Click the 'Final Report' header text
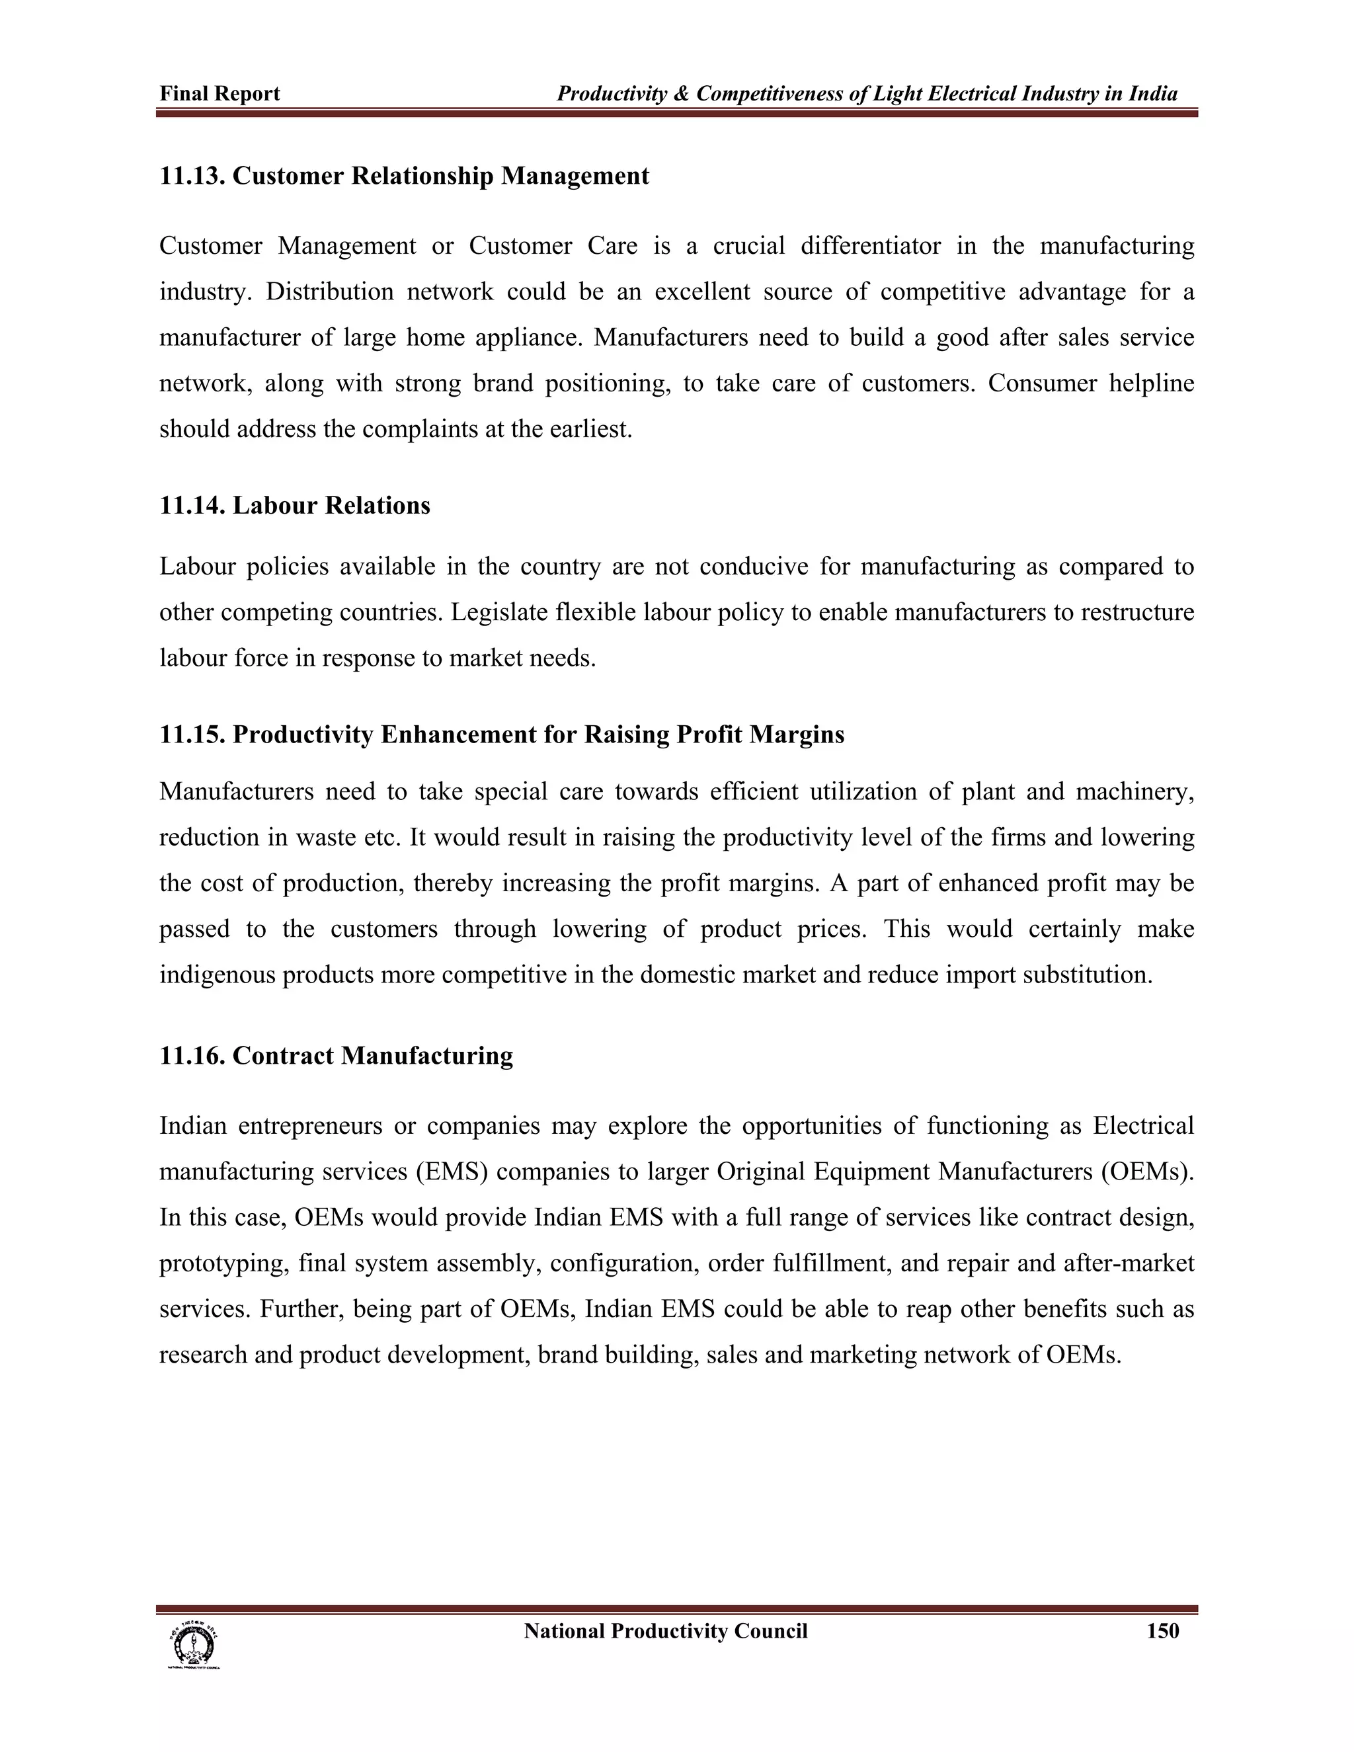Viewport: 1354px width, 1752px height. pos(219,94)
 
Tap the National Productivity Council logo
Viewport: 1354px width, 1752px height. pos(192,1644)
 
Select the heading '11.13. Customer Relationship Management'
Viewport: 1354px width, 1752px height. pos(404,176)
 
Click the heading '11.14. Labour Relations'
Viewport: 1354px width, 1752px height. pos(294,505)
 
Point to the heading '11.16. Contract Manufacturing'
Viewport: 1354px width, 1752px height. pos(336,1056)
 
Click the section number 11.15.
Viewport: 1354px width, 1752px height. pos(192,735)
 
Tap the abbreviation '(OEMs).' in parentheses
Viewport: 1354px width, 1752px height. pos(1147,1172)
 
